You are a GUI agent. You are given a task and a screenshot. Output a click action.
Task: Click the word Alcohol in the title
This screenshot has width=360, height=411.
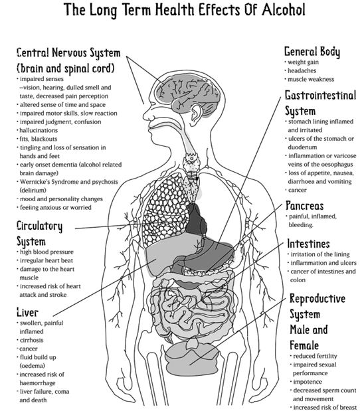click(x=284, y=10)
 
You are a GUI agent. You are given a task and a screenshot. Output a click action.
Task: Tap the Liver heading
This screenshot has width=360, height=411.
click(x=27, y=313)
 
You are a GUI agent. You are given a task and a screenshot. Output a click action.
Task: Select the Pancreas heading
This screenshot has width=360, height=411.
click(x=305, y=206)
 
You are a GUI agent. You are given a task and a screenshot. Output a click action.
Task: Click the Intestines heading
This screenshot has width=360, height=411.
click(x=308, y=244)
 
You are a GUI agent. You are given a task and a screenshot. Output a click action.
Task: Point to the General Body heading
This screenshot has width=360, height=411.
click(x=312, y=52)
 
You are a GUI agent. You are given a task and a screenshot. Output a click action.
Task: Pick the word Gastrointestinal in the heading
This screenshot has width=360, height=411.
click(x=320, y=95)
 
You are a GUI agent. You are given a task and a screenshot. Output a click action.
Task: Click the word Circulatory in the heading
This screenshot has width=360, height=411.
click(x=40, y=226)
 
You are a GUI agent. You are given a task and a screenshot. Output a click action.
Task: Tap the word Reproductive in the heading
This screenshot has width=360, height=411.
click(x=317, y=299)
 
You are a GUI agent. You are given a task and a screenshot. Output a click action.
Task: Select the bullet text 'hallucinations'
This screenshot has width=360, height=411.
click(x=39, y=130)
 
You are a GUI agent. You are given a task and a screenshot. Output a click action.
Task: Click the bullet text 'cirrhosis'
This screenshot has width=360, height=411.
click(x=31, y=340)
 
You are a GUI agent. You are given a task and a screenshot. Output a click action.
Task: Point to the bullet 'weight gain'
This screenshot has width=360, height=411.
click(x=303, y=62)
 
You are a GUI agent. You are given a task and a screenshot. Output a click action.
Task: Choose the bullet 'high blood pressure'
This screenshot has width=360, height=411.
click(x=46, y=252)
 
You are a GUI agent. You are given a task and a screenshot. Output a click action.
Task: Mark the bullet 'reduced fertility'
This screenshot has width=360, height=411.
click(x=315, y=356)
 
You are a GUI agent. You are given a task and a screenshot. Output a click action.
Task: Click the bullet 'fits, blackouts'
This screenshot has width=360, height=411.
click(x=39, y=139)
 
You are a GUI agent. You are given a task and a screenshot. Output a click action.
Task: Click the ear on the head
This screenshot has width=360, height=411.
click(x=196, y=114)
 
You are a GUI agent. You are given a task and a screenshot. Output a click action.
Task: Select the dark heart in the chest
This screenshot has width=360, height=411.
click(x=196, y=220)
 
